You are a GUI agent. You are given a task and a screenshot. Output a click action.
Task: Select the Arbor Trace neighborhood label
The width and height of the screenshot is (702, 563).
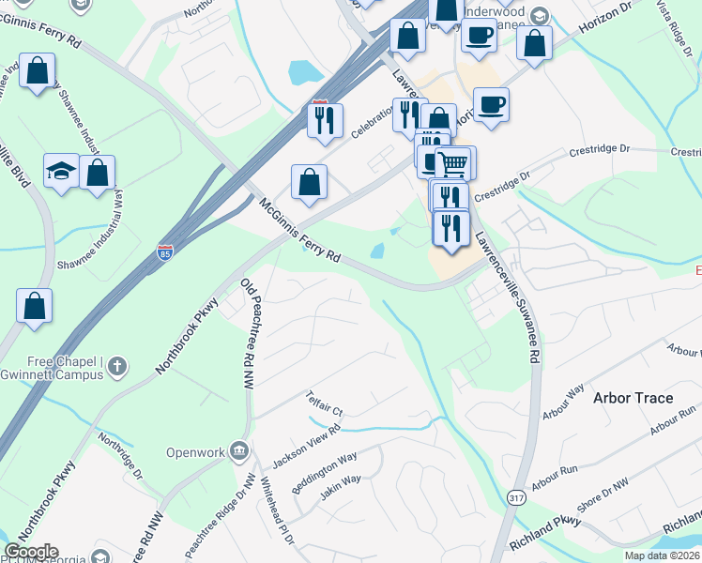tap(633, 398)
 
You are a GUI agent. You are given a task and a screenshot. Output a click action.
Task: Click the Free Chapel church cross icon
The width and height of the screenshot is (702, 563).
tap(116, 364)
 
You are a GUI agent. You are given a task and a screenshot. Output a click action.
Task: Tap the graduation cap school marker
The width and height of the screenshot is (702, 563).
tap(61, 172)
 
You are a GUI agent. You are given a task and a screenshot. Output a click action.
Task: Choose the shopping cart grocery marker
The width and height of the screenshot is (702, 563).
tap(453, 163)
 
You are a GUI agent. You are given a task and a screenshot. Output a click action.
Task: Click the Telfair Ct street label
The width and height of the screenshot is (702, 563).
tap(327, 404)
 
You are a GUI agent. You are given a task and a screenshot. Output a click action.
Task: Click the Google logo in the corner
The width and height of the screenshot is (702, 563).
tap(32, 552)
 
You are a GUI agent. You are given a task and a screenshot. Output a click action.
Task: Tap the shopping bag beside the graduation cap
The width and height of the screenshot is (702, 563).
tap(97, 173)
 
